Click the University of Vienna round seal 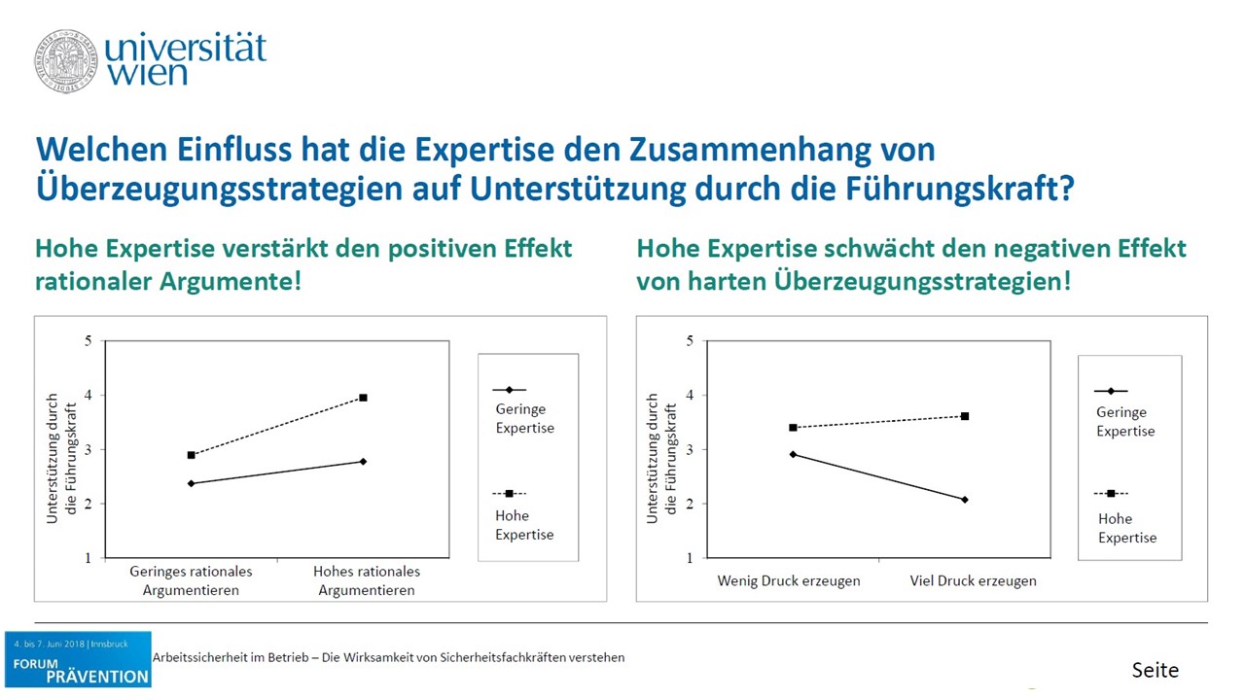65,61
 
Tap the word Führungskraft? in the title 960,189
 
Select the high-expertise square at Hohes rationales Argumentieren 363,398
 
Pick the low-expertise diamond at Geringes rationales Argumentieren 192,483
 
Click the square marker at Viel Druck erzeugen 965,416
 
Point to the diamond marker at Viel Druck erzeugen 965,500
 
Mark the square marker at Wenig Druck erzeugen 793,427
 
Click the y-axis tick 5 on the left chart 89,340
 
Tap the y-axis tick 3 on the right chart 690,449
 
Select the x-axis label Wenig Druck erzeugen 789,580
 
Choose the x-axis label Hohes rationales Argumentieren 367,580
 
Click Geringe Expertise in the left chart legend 524,418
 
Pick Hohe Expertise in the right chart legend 1127,528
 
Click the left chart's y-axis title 61,458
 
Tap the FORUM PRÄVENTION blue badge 78,659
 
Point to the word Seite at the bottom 1155,670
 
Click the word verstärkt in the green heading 274,248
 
